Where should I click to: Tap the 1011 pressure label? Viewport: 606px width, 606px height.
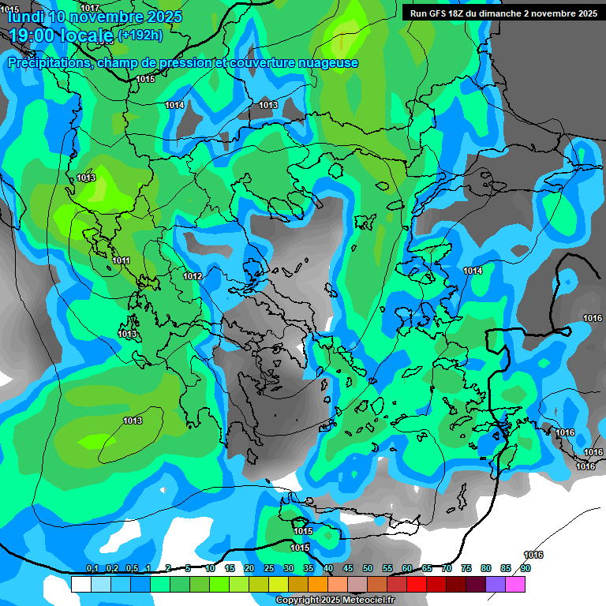click(x=122, y=260)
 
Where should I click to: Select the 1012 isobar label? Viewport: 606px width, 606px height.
click(x=193, y=276)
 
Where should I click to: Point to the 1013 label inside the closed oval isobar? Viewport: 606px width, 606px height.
click(x=133, y=421)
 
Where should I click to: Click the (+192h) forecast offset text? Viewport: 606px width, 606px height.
click(x=140, y=35)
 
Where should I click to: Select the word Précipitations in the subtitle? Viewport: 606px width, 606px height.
click(x=49, y=62)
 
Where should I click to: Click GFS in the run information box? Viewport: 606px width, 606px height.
click(x=442, y=13)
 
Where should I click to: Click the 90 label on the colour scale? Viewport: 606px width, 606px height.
click(x=525, y=568)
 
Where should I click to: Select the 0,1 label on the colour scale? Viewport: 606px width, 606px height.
click(x=92, y=568)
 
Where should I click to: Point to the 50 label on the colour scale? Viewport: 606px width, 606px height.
click(x=368, y=568)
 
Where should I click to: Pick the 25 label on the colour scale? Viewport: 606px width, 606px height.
click(x=268, y=568)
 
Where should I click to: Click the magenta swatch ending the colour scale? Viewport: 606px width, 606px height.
click(x=515, y=584)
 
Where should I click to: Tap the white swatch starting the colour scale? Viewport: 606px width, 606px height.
click(x=80, y=584)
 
